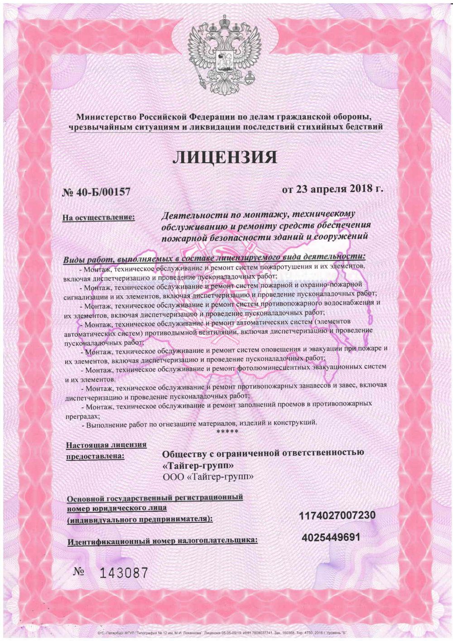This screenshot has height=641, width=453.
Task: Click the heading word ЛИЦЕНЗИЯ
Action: coord(225,157)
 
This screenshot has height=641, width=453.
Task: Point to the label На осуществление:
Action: coord(99,218)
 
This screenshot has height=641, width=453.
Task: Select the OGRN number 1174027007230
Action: coord(337,516)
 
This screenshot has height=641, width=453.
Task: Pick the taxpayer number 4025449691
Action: coord(331,537)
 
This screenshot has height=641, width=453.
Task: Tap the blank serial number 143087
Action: coord(123,574)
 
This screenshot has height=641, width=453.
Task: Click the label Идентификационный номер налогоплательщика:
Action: coord(162,541)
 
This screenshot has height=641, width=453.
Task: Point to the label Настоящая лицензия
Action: coord(106,445)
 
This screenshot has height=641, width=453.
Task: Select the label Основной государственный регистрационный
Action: coord(154,498)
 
